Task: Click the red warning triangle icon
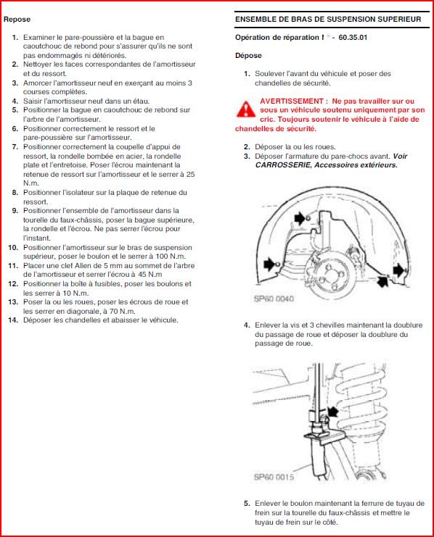245,109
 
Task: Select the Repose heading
17,19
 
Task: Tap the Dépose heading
248,56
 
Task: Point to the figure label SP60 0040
274,299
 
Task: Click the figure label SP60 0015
274,477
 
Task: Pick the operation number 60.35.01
353,38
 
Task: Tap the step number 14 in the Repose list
12,320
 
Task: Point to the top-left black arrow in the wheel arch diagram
300,217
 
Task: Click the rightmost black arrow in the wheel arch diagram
398,270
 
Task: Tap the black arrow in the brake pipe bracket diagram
333,412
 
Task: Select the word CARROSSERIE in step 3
283,165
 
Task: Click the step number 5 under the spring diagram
247,504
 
